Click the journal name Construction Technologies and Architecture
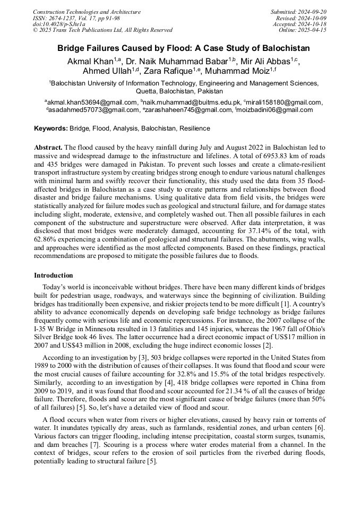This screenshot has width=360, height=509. point(87,12)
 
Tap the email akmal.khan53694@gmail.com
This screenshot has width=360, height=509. point(91,102)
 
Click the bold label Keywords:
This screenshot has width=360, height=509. point(51,128)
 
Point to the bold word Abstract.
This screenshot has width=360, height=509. point(48,146)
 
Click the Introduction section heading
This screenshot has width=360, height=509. point(54,275)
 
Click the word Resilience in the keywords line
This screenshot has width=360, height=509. point(194,128)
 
